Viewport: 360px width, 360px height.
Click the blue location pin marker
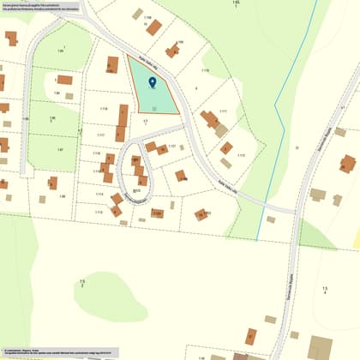[x=153, y=82]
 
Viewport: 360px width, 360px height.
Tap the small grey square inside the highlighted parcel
[x=153, y=108]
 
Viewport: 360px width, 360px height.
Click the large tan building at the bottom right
[x=321, y=347]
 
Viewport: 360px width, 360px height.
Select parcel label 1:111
[x=223, y=111]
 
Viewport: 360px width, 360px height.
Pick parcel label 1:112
[x=241, y=155]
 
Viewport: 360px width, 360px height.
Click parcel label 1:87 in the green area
[x=60, y=149]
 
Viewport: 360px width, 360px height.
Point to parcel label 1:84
[x=60, y=50]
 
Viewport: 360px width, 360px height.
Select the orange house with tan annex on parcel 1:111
[x=211, y=120]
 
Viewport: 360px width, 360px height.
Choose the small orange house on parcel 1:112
[x=226, y=148]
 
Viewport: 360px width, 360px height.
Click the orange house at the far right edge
[x=347, y=163]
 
